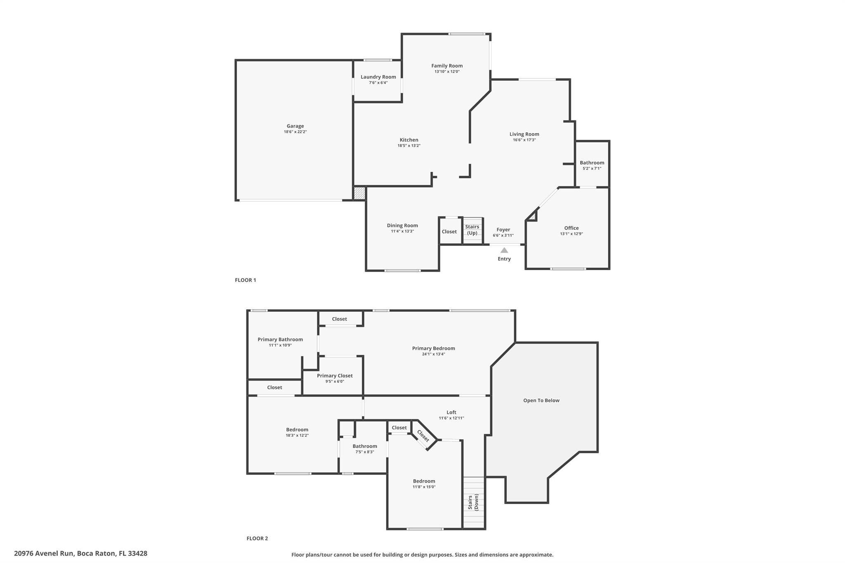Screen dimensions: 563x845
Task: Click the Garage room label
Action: click(295, 126)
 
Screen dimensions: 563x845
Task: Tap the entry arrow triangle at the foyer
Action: click(504, 250)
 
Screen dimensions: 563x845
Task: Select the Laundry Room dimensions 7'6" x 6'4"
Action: click(378, 83)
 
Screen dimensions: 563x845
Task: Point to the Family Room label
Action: click(447, 66)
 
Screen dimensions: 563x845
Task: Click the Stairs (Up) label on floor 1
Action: click(472, 230)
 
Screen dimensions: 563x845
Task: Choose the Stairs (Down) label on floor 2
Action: click(473, 502)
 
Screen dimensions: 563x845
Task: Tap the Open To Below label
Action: click(541, 400)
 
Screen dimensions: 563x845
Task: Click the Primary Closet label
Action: click(335, 376)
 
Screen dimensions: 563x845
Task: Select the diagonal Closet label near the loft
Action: click(423, 436)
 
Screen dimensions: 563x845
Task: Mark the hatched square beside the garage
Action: click(359, 193)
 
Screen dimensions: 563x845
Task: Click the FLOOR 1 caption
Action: click(245, 280)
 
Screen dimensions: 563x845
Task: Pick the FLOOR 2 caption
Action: click(257, 538)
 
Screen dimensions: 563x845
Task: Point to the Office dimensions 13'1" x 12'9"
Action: click(571, 234)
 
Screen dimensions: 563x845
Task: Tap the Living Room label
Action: click(524, 134)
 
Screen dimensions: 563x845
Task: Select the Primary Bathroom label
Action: click(280, 339)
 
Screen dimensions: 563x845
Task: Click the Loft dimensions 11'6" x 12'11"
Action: click(451, 418)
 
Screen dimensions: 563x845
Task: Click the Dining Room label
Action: click(402, 226)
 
